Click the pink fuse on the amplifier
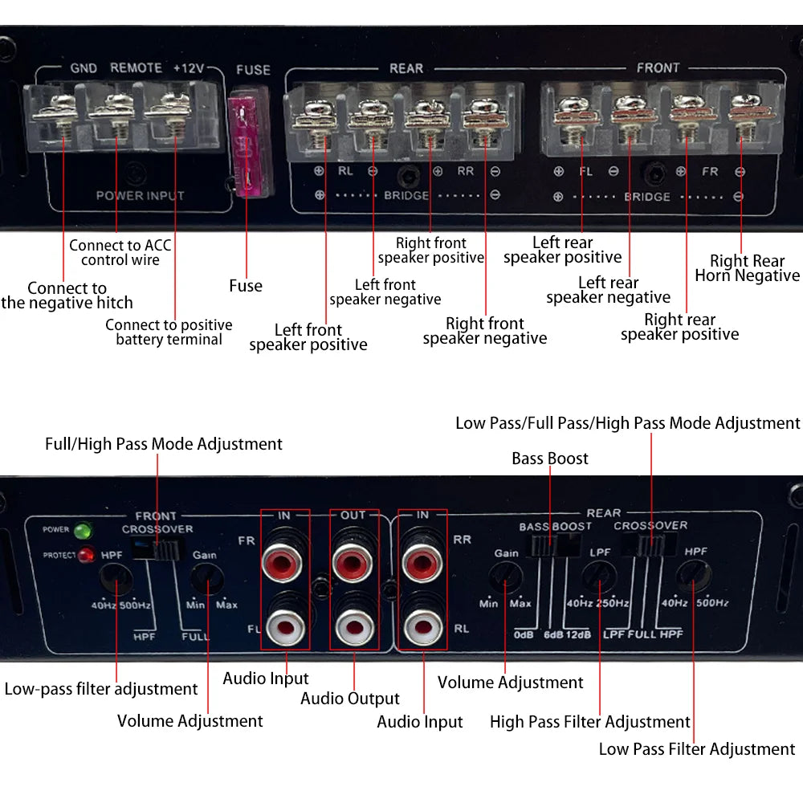[244, 145]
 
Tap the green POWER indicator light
[81, 531]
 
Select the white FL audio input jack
[285, 622]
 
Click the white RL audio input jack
[422, 622]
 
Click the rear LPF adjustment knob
[599, 577]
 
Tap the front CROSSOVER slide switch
[158, 549]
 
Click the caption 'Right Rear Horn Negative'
[747, 268]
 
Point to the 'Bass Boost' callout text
[550, 459]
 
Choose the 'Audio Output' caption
[350, 699]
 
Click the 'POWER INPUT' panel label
[141, 195]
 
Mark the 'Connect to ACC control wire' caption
[120, 252]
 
